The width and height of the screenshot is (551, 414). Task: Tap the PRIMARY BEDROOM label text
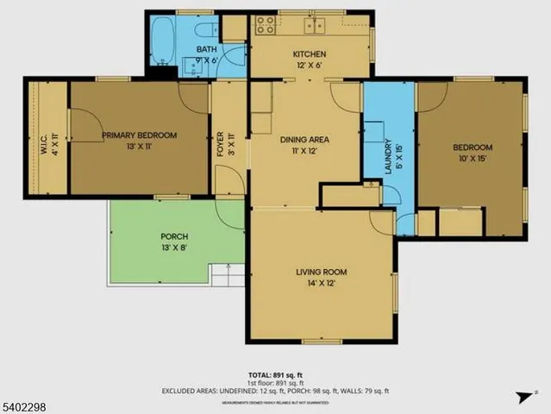139,135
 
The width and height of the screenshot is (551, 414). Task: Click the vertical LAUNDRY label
388,157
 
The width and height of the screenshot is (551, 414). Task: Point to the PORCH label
174,236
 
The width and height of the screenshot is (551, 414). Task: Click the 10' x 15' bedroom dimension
473,159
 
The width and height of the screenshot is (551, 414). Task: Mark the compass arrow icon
522,396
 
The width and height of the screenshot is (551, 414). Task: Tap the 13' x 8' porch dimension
174,248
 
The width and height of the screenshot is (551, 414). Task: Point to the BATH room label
206,50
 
